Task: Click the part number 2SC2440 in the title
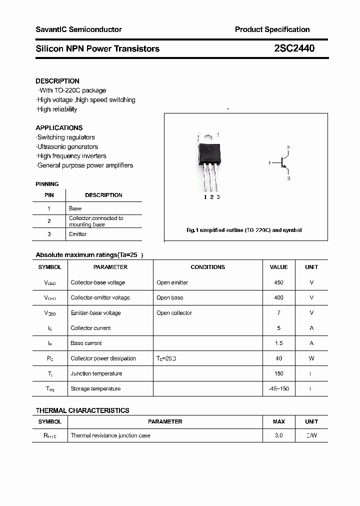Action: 294,48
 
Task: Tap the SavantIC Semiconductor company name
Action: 78,29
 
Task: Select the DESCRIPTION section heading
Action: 57,81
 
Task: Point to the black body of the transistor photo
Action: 209,153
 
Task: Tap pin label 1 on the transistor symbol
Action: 269,163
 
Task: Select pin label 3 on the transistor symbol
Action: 288,178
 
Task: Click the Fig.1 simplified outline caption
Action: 244,230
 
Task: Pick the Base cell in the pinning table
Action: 75,208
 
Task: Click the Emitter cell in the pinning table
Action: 77,234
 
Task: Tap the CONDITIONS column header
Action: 208,267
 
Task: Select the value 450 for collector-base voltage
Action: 278,282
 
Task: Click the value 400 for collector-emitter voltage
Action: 278,297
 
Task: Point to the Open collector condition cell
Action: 174,313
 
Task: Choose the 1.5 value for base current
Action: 278,343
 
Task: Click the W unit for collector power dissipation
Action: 311,358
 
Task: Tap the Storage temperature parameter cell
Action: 95,388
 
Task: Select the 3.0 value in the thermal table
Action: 278,435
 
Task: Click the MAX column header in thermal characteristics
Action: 278,421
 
